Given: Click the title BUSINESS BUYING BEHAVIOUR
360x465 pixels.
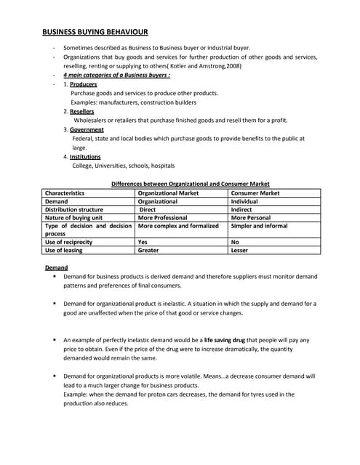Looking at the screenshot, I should (95, 32).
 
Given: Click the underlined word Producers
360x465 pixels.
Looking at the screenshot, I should (83, 84).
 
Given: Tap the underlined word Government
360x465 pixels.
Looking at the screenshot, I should (87, 129).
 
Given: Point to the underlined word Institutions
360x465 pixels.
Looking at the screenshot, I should (85, 156).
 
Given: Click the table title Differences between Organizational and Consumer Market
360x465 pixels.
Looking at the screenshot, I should (190, 184).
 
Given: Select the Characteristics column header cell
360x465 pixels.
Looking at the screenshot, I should (65, 193).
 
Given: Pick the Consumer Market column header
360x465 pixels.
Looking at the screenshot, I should (255, 193).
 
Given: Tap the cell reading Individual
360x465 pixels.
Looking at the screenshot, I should (244, 201).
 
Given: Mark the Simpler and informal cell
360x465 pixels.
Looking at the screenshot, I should (258, 225).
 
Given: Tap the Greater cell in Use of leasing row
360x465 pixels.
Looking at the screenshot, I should (148, 250).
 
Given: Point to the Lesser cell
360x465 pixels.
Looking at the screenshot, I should (239, 250).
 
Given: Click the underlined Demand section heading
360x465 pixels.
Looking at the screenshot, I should (56, 268).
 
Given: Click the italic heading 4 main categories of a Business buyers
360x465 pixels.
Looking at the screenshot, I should (116, 75).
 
